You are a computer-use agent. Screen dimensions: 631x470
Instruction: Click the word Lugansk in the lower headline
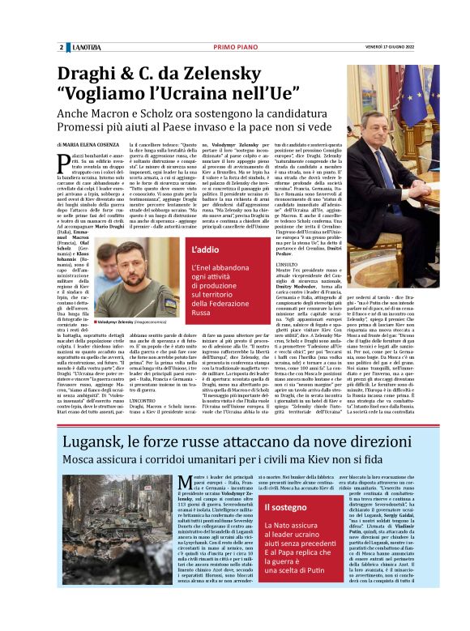[x=95, y=443]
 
